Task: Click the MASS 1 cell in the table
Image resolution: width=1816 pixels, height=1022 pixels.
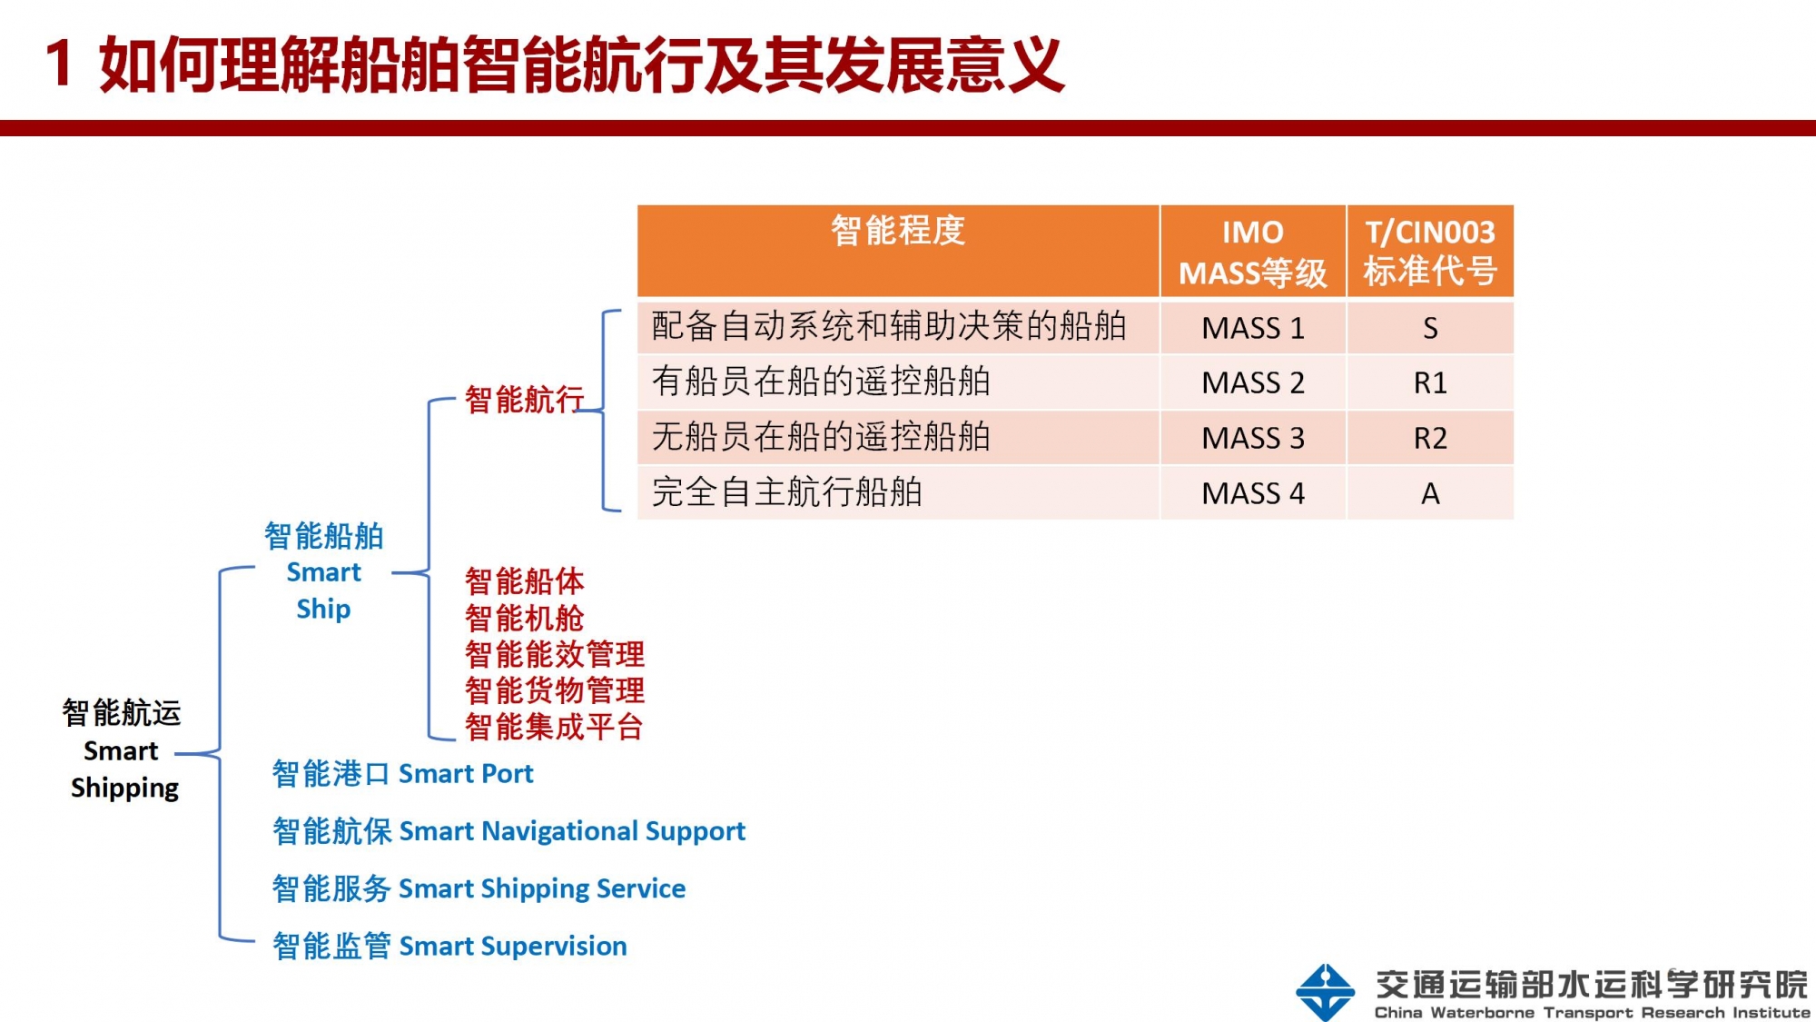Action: click(1252, 328)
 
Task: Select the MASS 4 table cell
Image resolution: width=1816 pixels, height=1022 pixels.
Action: click(1252, 493)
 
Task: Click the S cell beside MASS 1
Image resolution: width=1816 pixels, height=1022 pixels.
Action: click(1430, 328)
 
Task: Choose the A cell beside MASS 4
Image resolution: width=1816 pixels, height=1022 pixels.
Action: click(1430, 493)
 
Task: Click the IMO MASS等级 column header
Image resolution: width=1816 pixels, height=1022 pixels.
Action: click(1252, 252)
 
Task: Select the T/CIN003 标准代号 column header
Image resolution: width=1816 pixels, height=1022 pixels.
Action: click(1430, 252)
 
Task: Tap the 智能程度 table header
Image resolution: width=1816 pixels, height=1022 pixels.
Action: click(898, 231)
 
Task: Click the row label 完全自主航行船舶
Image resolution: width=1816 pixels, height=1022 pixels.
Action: click(787, 492)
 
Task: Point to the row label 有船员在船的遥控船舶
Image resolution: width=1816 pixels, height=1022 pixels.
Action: click(821, 382)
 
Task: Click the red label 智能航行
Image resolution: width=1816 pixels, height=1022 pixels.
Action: click(524, 400)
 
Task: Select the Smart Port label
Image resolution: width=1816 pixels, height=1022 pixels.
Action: click(402, 773)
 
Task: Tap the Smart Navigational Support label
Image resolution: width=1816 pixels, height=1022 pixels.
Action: click(508, 830)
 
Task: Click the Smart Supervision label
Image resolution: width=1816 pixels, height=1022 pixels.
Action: click(449, 946)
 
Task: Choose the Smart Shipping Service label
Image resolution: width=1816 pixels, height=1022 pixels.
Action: click(479, 888)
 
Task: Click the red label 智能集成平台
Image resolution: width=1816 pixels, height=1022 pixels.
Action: click(554, 727)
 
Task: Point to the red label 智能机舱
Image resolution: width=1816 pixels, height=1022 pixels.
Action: click(524, 618)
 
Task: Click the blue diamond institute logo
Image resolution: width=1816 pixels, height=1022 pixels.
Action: click(1326, 992)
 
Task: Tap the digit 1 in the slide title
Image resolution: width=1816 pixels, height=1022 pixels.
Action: click(59, 64)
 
